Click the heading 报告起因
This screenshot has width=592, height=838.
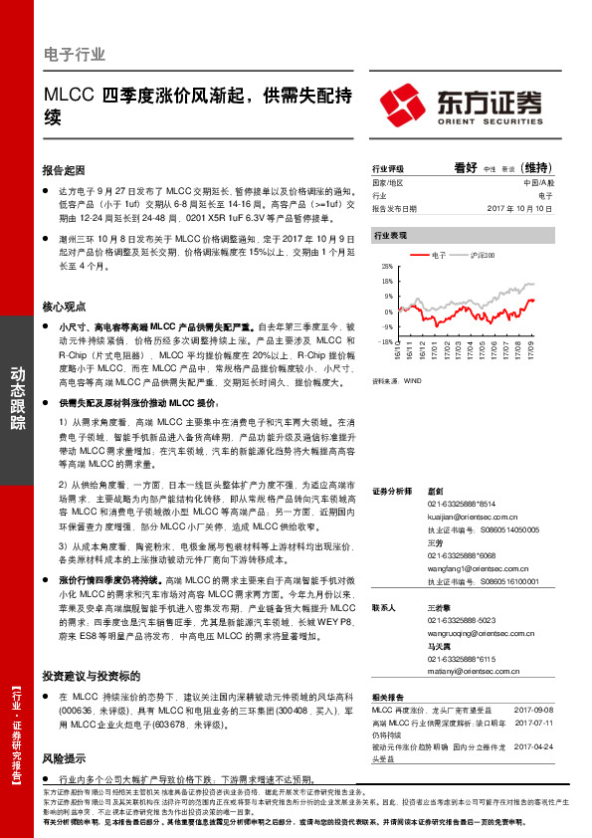[x=66, y=170]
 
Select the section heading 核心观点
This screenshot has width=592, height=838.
[x=66, y=308]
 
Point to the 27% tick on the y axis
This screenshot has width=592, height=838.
[x=386, y=268]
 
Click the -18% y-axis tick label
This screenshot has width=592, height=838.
[x=385, y=341]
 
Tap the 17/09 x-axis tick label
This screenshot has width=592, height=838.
[x=533, y=353]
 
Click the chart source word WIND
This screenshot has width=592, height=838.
[x=411, y=379]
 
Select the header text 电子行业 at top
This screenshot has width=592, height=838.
[x=76, y=55]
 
